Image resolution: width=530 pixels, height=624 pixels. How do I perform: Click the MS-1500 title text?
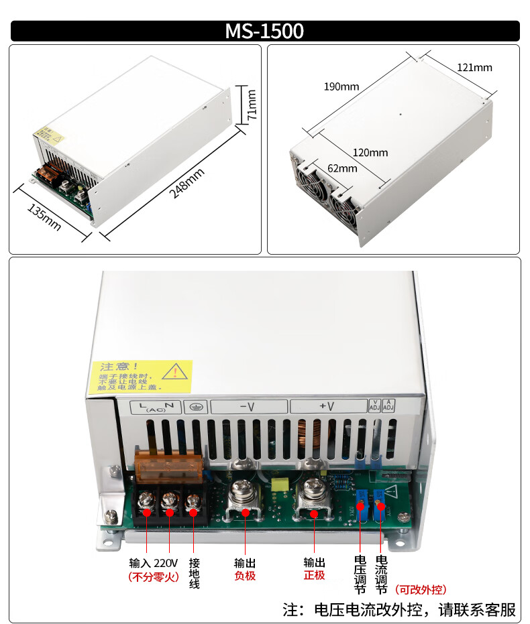tap(264, 31)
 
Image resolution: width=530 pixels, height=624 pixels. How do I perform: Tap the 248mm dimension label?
tap(187, 182)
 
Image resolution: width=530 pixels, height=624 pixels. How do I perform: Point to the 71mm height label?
tap(252, 105)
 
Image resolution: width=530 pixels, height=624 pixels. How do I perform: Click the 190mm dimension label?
tap(341, 86)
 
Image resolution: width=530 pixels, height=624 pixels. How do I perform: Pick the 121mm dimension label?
tap(474, 67)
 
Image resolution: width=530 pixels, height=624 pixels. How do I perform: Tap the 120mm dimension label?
tap(370, 153)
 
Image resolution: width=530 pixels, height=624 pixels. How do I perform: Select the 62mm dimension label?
tap(342, 168)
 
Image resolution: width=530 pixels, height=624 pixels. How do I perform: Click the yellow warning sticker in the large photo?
tap(141, 377)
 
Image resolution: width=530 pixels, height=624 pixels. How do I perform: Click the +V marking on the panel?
tap(327, 406)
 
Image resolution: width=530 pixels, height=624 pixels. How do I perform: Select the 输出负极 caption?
tap(245, 569)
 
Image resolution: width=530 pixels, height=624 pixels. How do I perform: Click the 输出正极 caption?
tap(314, 569)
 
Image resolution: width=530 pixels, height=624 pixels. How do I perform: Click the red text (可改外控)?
tap(421, 590)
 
